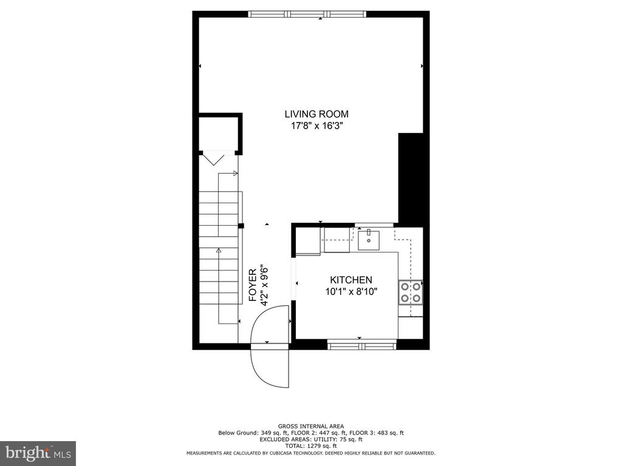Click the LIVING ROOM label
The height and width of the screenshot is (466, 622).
click(x=316, y=114)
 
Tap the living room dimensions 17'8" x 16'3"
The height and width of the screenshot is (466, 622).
click(x=316, y=126)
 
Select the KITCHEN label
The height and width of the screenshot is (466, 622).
click(x=351, y=280)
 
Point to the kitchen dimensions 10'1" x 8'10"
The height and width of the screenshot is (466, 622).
click(x=351, y=292)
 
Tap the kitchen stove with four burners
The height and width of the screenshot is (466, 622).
click(x=411, y=292)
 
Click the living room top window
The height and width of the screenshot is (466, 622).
click(x=307, y=15)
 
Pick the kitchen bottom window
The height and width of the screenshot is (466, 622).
click(x=362, y=345)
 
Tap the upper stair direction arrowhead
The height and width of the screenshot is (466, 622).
click(x=236, y=173)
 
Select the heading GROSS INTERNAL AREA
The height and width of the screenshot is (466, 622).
click(x=311, y=427)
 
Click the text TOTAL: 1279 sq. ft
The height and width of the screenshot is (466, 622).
click(x=311, y=446)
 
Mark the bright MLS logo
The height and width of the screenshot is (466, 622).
click(x=38, y=453)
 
